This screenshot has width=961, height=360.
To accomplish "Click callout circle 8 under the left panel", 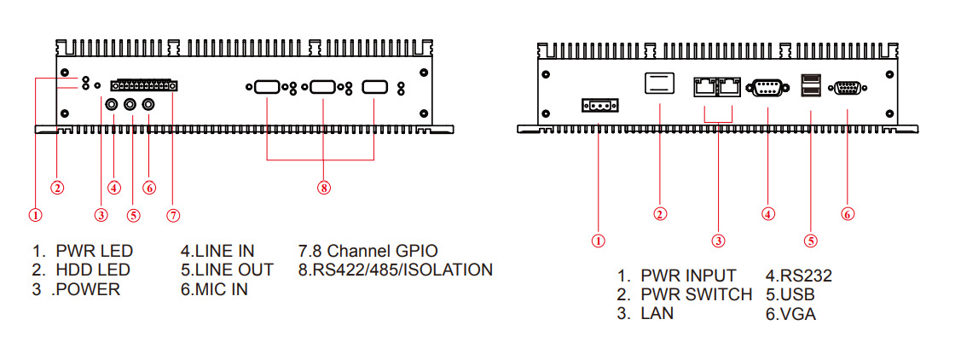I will click(323, 188).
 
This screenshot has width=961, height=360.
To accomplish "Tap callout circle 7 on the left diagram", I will click(173, 215).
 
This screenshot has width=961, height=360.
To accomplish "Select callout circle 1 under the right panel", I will click(599, 240).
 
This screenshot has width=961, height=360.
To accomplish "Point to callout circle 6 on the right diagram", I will click(848, 214).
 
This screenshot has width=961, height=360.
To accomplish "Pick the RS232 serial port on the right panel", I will click(767, 86).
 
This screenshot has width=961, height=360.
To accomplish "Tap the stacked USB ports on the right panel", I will click(811, 86).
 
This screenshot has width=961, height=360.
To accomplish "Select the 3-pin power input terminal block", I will click(599, 106).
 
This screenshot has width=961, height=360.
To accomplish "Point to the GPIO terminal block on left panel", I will click(144, 85).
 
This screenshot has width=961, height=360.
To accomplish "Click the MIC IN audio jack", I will click(149, 104).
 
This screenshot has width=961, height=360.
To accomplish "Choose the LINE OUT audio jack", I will click(131, 104).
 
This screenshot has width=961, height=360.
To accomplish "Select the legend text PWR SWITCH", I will click(697, 294).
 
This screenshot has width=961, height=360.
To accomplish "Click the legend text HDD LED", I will click(92, 270).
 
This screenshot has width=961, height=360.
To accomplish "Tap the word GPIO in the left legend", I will click(415, 251).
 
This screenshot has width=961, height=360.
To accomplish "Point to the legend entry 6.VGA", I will click(790, 314).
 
